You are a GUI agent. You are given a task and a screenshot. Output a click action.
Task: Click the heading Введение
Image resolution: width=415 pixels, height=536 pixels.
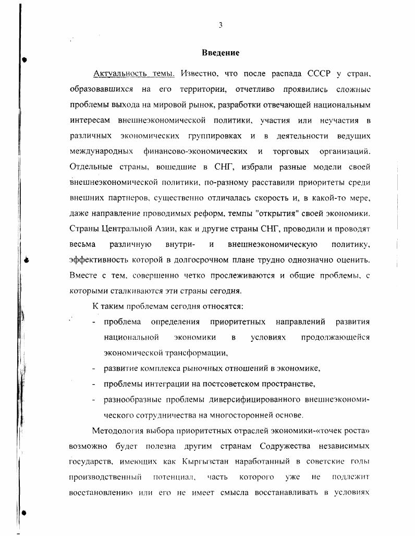pyautogui.click(x=221, y=53)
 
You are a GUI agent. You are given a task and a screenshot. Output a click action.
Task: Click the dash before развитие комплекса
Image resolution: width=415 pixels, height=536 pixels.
pyautogui.click(x=93, y=368)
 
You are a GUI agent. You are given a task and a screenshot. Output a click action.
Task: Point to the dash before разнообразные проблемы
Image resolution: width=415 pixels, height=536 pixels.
pyautogui.click(x=93, y=400)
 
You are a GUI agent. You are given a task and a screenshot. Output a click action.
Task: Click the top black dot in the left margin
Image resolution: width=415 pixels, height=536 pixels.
pyautogui.click(x=25, y=60)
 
